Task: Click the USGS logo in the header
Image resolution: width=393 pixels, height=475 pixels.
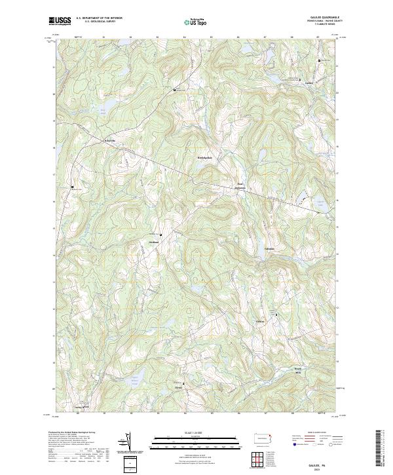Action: coord(60,21)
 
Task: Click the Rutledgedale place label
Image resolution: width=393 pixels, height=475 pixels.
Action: coord(205,157)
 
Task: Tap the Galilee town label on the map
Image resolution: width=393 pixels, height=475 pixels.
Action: coord(310,83)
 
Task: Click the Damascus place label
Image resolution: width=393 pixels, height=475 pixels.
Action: coord(240,186)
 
